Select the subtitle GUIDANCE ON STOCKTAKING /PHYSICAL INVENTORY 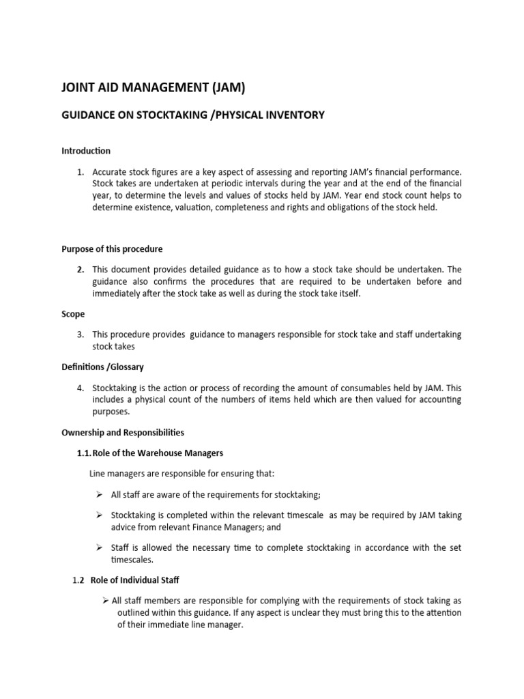pyautogui.click(x=193, y=115)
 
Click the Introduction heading pyautogui.click(x=86, y=151)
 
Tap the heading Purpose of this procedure pyautogui.click(x=112, y=249)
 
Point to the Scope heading pyautogui.click(x=73, y=315)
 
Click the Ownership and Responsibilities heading pyautogui.click(x=123, y=433)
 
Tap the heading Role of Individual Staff pyautogui.click(x=134, y=580)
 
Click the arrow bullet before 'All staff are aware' pyautogui.click(x=99, y=494)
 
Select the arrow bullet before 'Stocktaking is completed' pyautogui.click(x=99, y=515)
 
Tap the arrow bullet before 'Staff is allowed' pyautogui.click(x=99, y=547)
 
